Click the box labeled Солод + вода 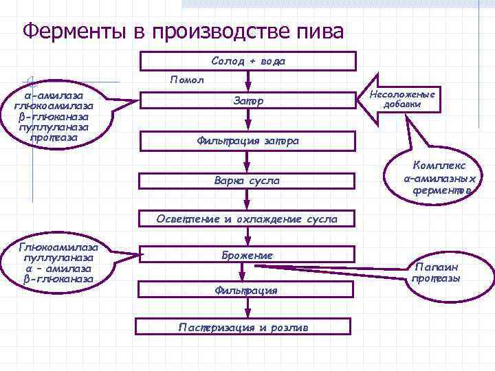pos(248,61)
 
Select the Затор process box pos(248,102)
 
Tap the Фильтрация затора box pos(248,142)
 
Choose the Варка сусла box pos(248,181)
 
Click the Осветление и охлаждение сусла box pos(248,220)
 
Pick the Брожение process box pos(248,256)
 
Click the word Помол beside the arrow pos(187,80)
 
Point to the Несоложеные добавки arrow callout pos(403,100)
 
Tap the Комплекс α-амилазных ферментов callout pos(439,177)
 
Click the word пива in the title pos(317,31)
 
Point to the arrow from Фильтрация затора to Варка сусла pos(248,161)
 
